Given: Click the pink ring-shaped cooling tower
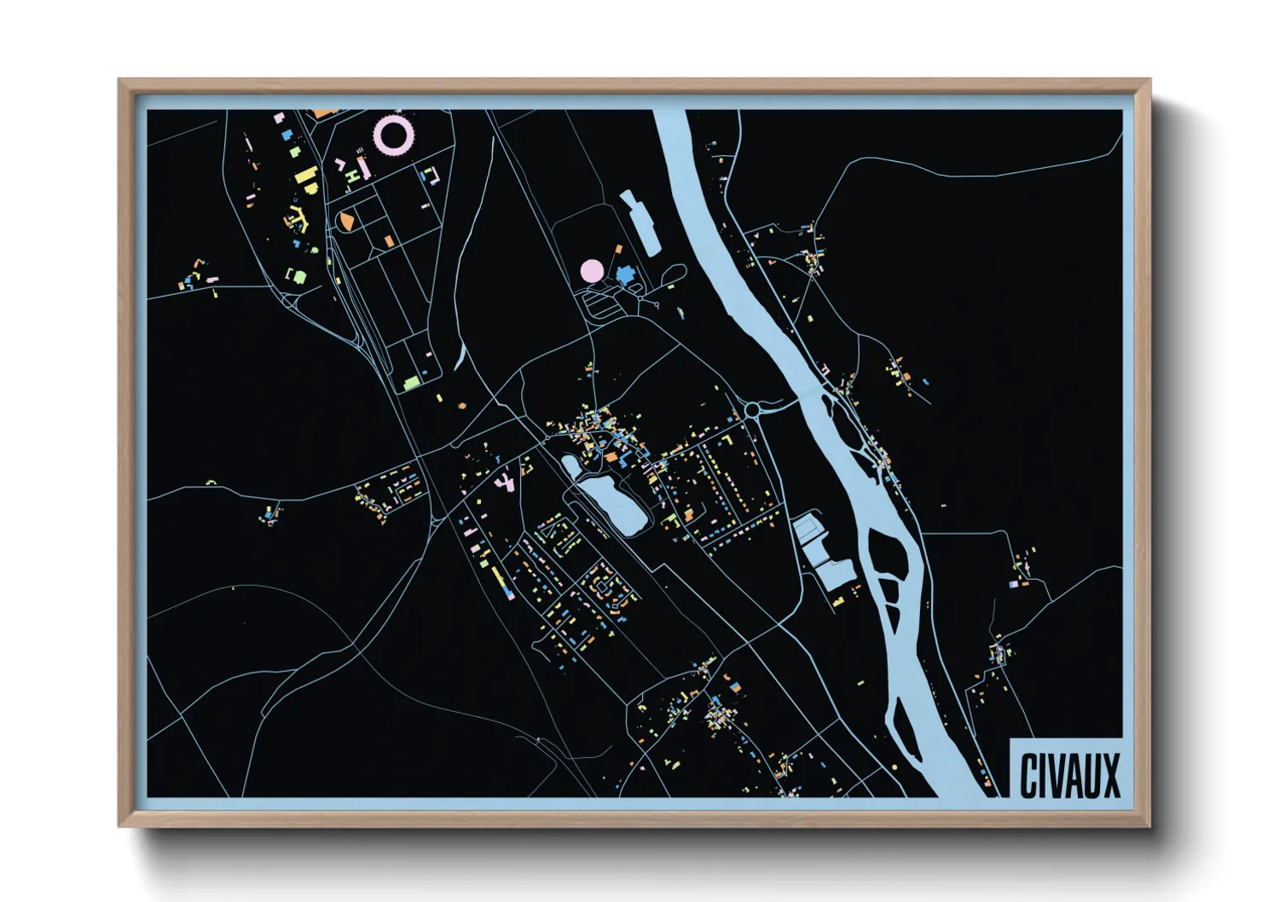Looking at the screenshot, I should pyautogui.click(x=394, y=134).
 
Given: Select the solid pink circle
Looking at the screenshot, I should pyautogui.click(x=592, y=271).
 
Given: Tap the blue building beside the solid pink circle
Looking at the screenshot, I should pyautogui.click(x=627, y=275).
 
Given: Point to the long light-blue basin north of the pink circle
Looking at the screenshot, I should pyautogui.click(x=642, y=223).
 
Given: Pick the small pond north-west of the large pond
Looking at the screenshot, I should pyautogui.click(x=570, y=466).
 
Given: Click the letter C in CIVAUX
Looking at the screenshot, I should pyautogui.click(x=1029, y=777).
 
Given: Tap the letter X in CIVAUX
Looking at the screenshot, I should pyautogui.click(x=1109, y=777).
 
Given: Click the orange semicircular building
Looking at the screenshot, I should pyautogui.click(x=346, y=222).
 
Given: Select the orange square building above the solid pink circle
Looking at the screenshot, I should pyautogui.click(x=618, y=248).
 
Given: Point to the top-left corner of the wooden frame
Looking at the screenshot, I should pyautogui.click(x=120, y=80).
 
